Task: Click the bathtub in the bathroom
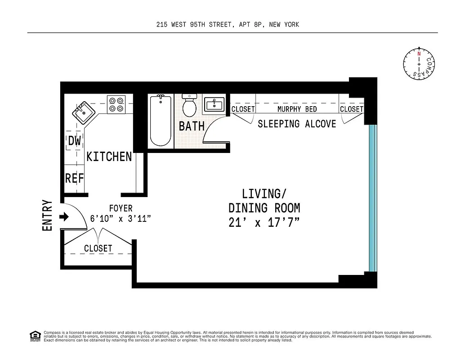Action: [161, 121]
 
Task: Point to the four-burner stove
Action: [116, 104]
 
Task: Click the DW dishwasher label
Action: [74, 141]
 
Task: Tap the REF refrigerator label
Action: [75, 178]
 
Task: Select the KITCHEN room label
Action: [109, 157]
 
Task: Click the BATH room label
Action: [192, 126]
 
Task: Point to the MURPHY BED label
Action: [297, 109]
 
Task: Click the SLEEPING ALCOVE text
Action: [297, 124]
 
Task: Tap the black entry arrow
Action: [64, 217]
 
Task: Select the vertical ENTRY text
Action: [48, 216]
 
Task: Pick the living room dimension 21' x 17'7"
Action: [264, 222]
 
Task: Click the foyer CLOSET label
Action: [98, 248]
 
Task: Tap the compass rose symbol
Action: [419, 65]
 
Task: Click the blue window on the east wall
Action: [372, 198]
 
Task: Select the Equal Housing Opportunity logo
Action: [35, 336]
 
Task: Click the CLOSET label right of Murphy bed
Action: [351, 109]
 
